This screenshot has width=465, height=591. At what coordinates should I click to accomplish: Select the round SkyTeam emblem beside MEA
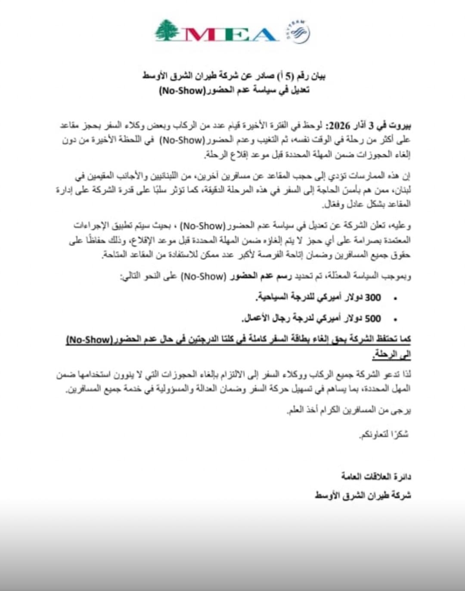coord(298,31)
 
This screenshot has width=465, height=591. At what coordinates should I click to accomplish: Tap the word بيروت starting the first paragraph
coord(400,125)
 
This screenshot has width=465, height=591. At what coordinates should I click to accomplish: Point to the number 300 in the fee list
coord(373,298)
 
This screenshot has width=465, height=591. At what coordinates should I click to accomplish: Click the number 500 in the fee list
coord(373,318)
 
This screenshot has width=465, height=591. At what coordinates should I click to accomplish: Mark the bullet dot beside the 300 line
coord(395,299)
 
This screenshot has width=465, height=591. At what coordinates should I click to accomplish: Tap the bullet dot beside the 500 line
coord(395,319)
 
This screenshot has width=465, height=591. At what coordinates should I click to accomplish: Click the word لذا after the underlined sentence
coord(405,374)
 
